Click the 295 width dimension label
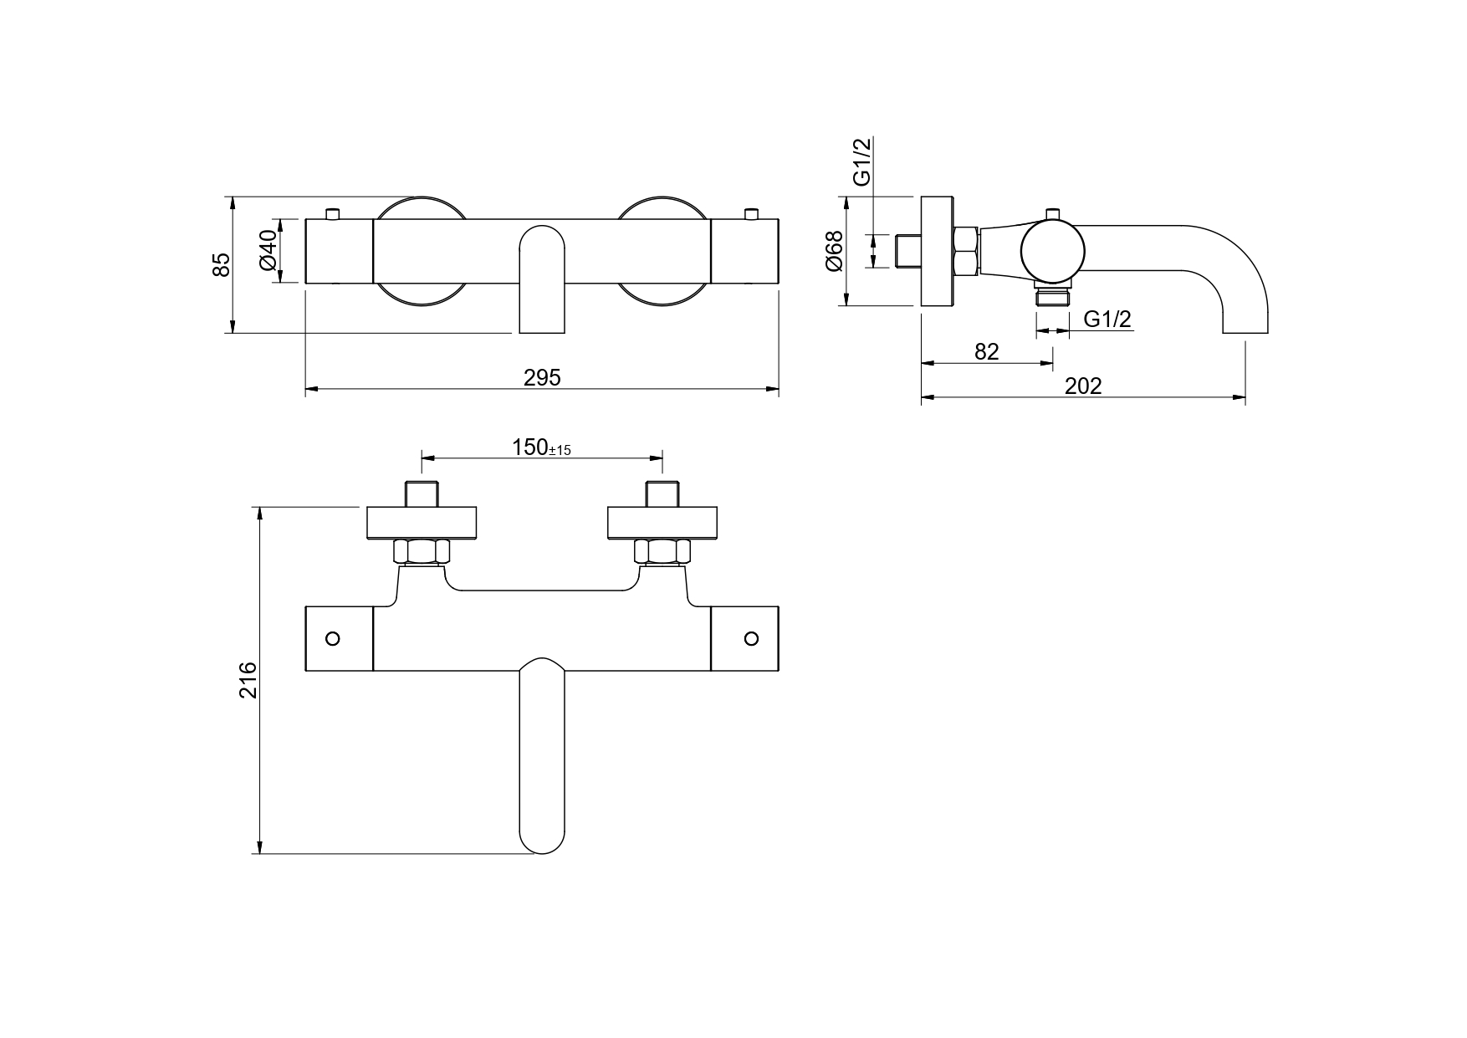(542, 378)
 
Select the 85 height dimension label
(220, 264)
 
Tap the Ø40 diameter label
(268, 250)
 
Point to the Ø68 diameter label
(834, 251)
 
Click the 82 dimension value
(987, 352)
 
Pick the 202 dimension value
(1083, 386)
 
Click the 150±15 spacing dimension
(541, 447)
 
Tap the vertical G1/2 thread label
(861, 161)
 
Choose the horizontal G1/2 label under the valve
(1107, 320)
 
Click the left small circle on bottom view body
(333, 639)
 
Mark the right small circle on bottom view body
(751, 639)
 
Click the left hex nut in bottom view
(422, 552)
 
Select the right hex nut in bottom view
(662, 552)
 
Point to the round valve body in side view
(1052, 250)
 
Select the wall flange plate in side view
(937, 252)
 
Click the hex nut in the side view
(966, 251)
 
